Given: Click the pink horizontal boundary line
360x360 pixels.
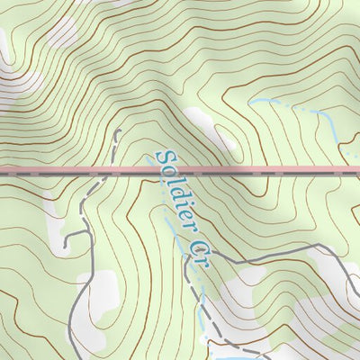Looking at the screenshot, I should (270, 169).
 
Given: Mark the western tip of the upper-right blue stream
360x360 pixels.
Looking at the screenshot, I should (251, 102).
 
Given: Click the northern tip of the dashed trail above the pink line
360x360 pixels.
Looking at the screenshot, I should (117, 132).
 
